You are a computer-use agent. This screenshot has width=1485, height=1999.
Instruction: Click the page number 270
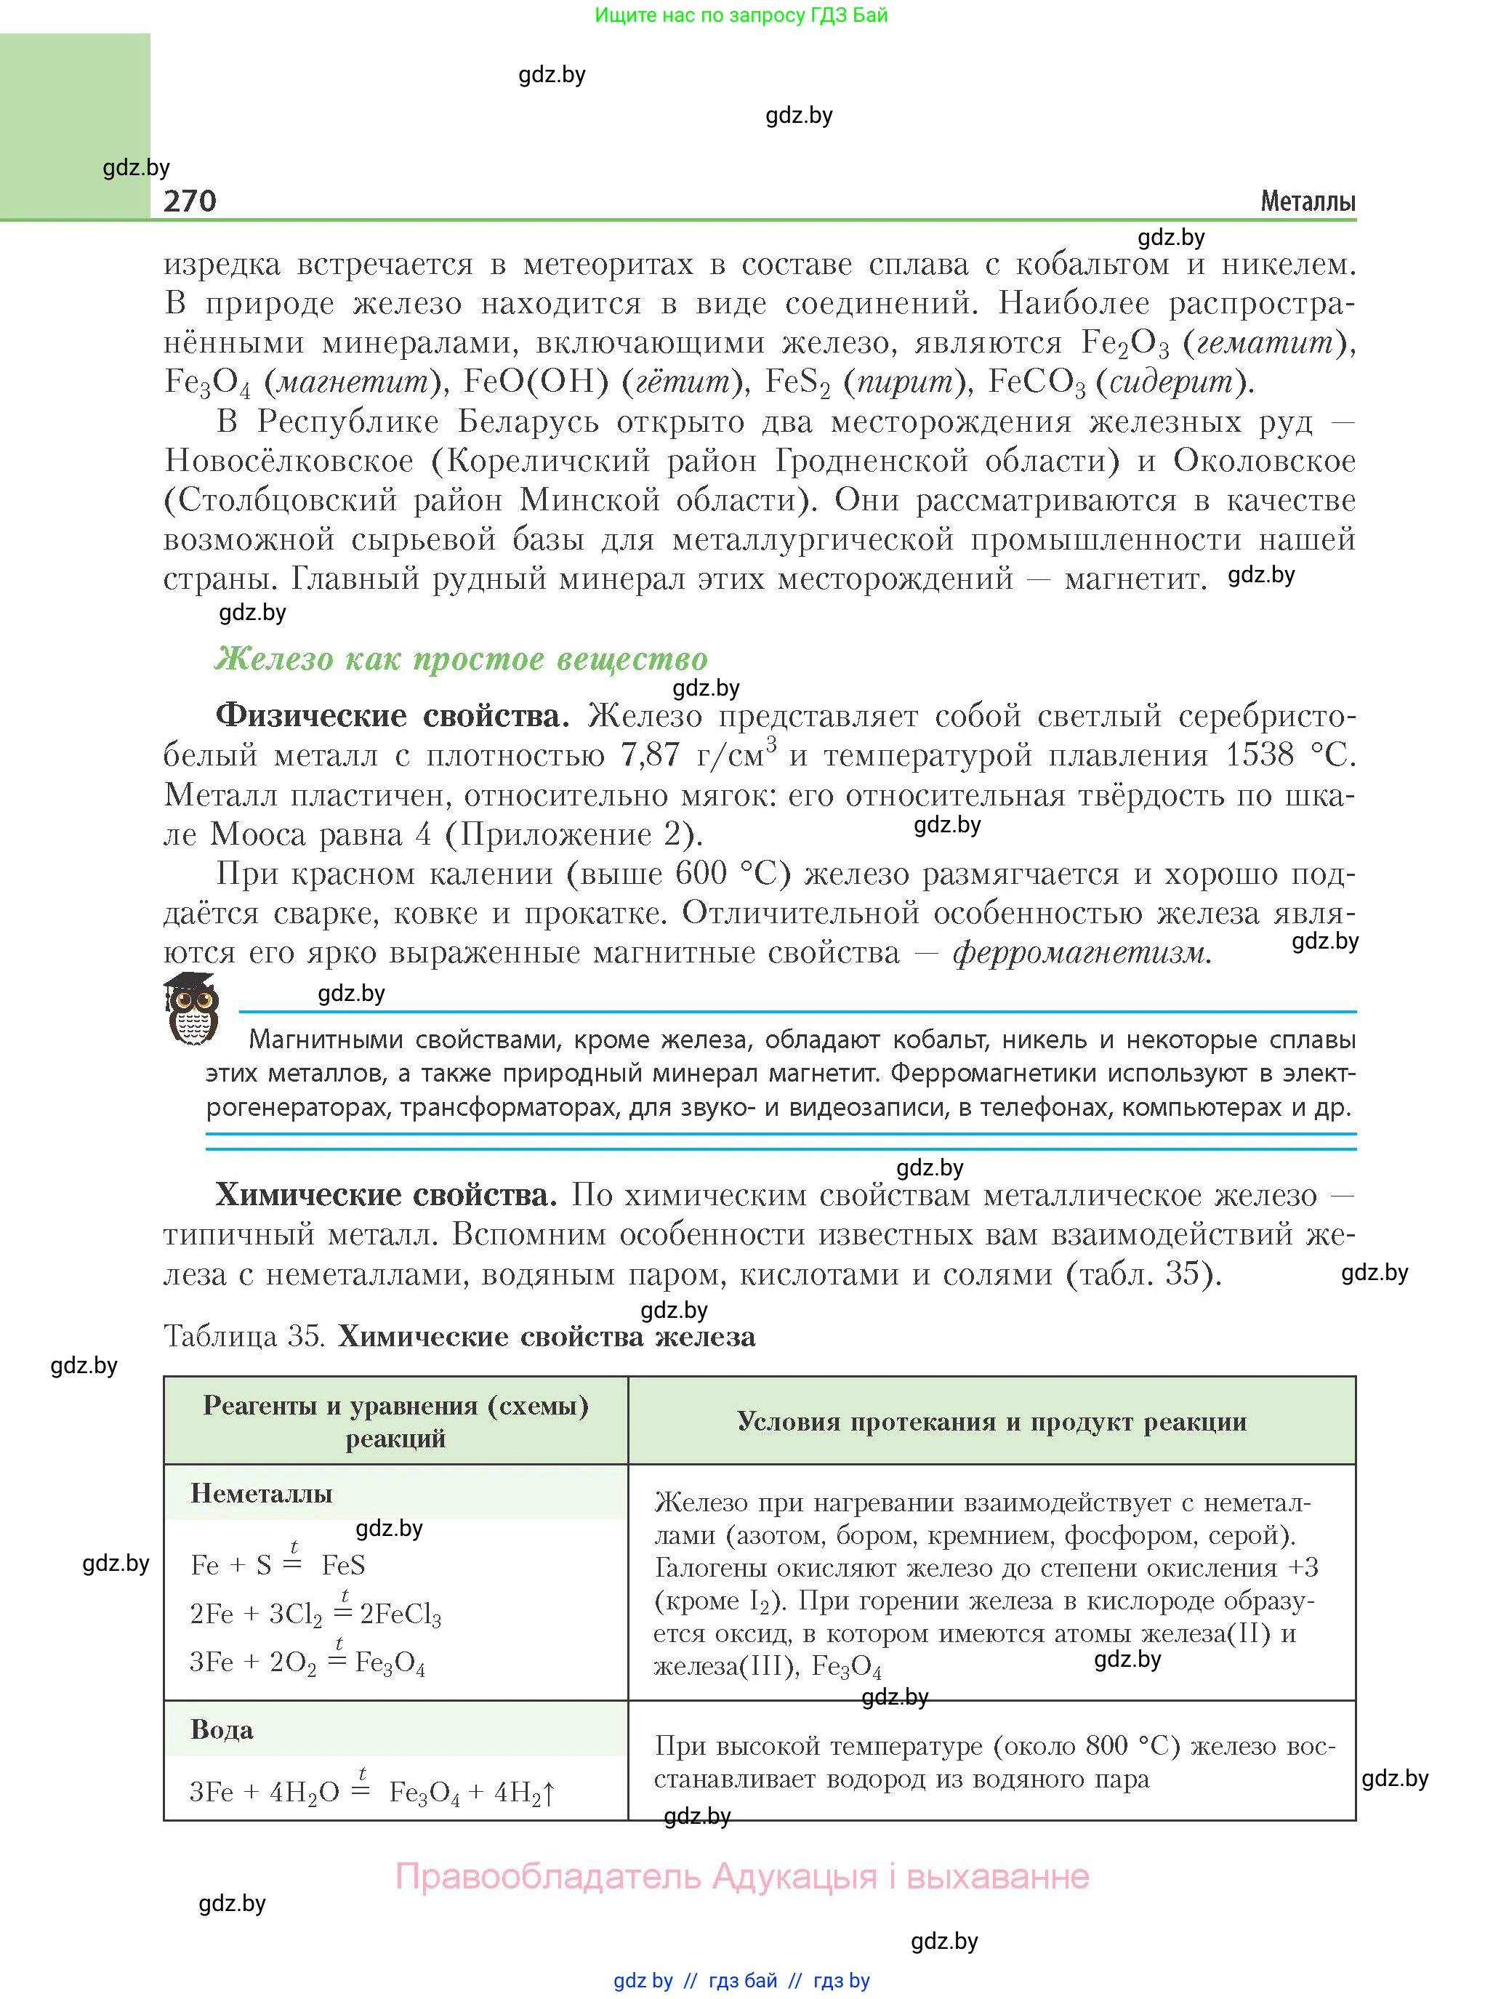[x=190, y=201]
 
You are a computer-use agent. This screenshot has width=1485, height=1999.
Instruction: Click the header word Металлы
[x=1307, y=201]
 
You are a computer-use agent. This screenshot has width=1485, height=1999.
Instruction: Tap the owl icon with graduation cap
[x=191, y=1008]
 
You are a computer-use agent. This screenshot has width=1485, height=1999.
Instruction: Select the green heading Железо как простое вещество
[x=461, y=659]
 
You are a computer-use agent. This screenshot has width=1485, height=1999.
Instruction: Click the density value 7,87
[x=651, y=755]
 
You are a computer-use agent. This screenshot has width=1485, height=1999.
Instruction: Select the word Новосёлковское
[x=289, y=461]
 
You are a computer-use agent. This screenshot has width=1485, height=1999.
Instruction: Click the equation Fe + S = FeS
[x=278, y=1565]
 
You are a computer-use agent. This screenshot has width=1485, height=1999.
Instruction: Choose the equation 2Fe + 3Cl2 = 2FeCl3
[x=315, y=1614]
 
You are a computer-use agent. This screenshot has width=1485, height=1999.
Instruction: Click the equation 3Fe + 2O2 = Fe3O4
[x=307, y=1662]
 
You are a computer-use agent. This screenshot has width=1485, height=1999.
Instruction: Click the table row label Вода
[x=222, y=1730]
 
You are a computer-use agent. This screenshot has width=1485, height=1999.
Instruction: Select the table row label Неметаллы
[x=262, y=1494]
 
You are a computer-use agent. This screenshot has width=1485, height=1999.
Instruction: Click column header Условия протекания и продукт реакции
[x=991, y=1421]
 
